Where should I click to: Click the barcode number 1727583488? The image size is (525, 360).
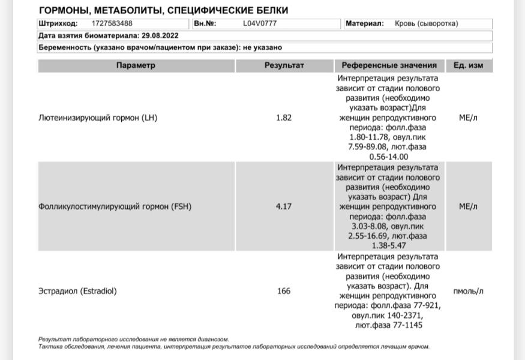pos(112,24)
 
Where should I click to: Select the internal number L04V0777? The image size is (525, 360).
pos(260,24)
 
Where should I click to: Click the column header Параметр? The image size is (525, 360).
pos(136,65)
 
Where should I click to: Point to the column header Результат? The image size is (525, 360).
pos(284,65)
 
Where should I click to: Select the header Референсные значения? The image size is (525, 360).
pos(389,65)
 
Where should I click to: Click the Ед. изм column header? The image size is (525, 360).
pos(468,65)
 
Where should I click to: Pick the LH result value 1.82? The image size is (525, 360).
pos(284,118)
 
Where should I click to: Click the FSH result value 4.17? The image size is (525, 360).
pos(284,206)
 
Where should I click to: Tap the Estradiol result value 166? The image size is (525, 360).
pos(284,291)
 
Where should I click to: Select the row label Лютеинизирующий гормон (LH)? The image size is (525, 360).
pos(98,118)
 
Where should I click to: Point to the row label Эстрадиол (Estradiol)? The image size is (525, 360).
pos(77,291)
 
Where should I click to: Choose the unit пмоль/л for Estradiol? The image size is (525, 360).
pos(468,291)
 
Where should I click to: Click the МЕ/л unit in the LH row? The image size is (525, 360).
pos(468,118)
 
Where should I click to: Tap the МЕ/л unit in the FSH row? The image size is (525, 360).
pos(468,206)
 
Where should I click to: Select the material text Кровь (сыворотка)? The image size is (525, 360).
pos(426,24)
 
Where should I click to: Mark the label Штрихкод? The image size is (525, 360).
pos(58,24)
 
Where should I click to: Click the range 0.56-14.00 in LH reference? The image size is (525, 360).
pos(389,157)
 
